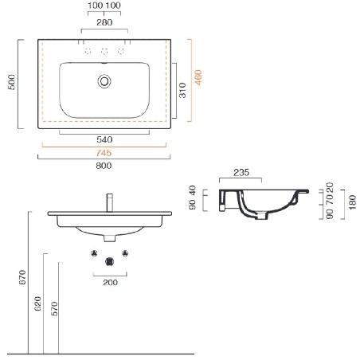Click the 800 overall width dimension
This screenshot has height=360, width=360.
pos(104,165)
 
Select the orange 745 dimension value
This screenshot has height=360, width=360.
pos(104,152)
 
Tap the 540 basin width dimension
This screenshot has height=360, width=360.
pos(104,138)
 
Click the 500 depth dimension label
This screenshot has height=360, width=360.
pos(10,84)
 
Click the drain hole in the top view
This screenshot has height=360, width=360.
pos(104,80)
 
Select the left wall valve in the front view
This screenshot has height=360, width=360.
pos(93,255)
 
